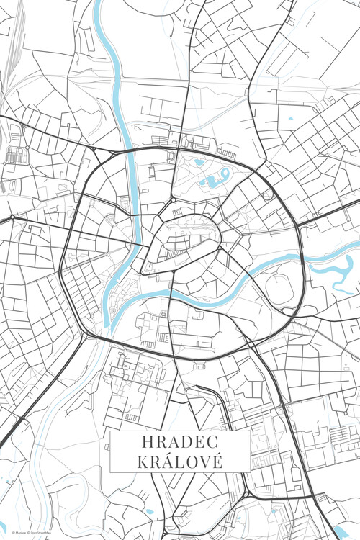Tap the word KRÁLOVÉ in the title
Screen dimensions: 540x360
179,461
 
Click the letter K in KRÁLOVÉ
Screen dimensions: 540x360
141,461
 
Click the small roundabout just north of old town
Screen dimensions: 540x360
174,199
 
